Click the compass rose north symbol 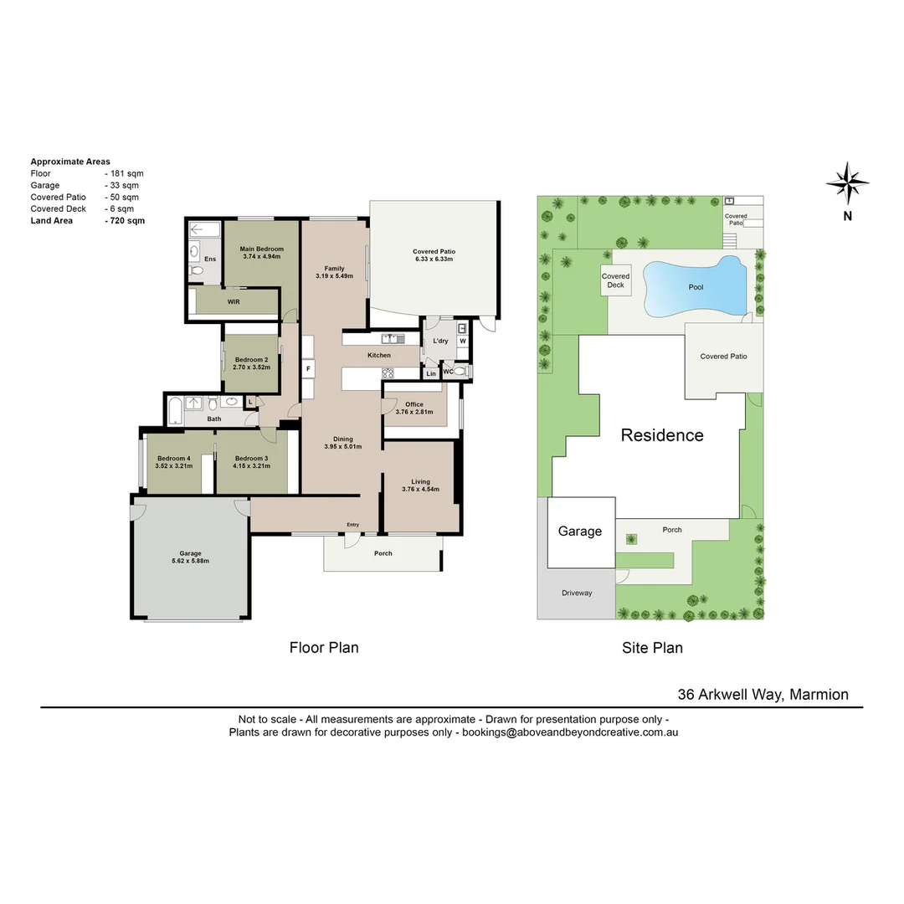[x=847, y=183]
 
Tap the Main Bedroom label [x=261, y=249]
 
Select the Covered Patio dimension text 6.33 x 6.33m [x=434, y=259]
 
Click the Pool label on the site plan [x=696, y=287]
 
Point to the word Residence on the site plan [x=661, y=435]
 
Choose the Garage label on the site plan [x=580, y=532]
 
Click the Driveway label [x=577, y=593]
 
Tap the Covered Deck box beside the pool [x=615, y=280]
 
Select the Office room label [x=413, y=404]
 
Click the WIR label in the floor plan [x=234, y=301]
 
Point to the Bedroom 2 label [x=251, y=360]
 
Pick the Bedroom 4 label [x=174, y=458]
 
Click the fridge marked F [x=308, y=368]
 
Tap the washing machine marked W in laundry [x=462, y=342]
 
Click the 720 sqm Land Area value [x=126, y=220]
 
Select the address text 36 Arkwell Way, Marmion [x=763, y=694]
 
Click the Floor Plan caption [x=324, y=647]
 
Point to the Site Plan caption [x=652, y=647]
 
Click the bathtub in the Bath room [x=175, y=411]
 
